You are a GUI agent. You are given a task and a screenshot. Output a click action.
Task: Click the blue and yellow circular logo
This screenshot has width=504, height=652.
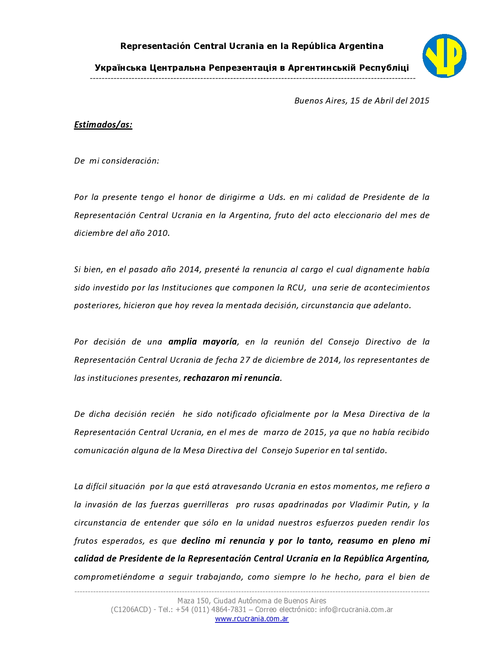coord(444,56)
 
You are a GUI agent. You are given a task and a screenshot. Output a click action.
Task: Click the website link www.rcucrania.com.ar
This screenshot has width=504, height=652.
coord(252,619)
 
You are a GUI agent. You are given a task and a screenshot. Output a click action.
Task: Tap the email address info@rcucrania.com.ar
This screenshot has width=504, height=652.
coord(356,610)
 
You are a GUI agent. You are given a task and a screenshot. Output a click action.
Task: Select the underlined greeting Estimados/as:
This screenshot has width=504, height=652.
coord(103,125)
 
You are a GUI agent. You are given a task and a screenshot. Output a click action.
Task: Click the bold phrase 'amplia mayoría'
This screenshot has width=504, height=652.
coord(203,342)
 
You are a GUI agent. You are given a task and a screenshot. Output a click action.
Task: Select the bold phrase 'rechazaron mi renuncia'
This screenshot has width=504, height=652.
coord(232,378)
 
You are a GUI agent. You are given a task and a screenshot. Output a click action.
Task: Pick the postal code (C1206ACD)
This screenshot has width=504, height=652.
coord(131,610)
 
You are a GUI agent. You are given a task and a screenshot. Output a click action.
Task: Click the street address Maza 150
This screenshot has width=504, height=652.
coord(193,601)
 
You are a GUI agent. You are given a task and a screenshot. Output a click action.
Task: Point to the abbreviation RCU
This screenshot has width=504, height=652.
coord(296,288)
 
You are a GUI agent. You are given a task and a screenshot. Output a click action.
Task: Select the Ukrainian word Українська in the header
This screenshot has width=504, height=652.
coord(120,68)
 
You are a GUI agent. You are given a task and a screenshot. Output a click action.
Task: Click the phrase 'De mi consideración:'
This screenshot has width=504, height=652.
coord(117,161)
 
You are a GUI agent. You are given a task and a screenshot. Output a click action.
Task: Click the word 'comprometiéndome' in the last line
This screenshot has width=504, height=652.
coord(114,577)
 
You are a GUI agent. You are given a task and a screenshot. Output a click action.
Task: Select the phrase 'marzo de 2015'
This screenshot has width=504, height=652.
coord(294,432)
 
